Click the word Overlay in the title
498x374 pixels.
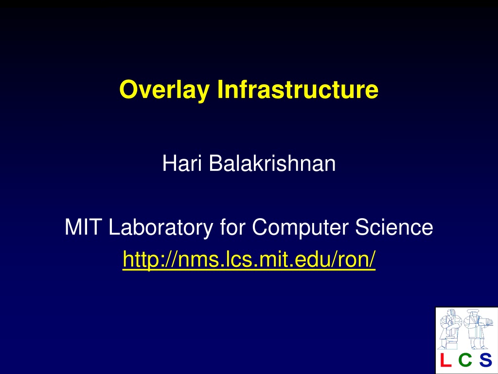click(x=164, y=90)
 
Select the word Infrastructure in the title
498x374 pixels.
click(x=298, y=90)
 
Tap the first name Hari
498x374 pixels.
click(x=182, y=163)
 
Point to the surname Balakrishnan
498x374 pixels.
click(x=272, y=163)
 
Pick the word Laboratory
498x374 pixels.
click(x=160, y=228)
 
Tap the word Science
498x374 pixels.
click(x=394, y=227)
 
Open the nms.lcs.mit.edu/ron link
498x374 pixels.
click(x=249, y=260)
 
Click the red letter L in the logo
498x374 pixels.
click(x=445, y=359)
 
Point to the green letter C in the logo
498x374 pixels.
click(x=465, y=359)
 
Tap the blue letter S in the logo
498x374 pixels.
click(x=485, y=359)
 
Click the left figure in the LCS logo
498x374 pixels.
click(x=450, y=329)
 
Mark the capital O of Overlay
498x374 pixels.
click(x=129, y=90)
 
